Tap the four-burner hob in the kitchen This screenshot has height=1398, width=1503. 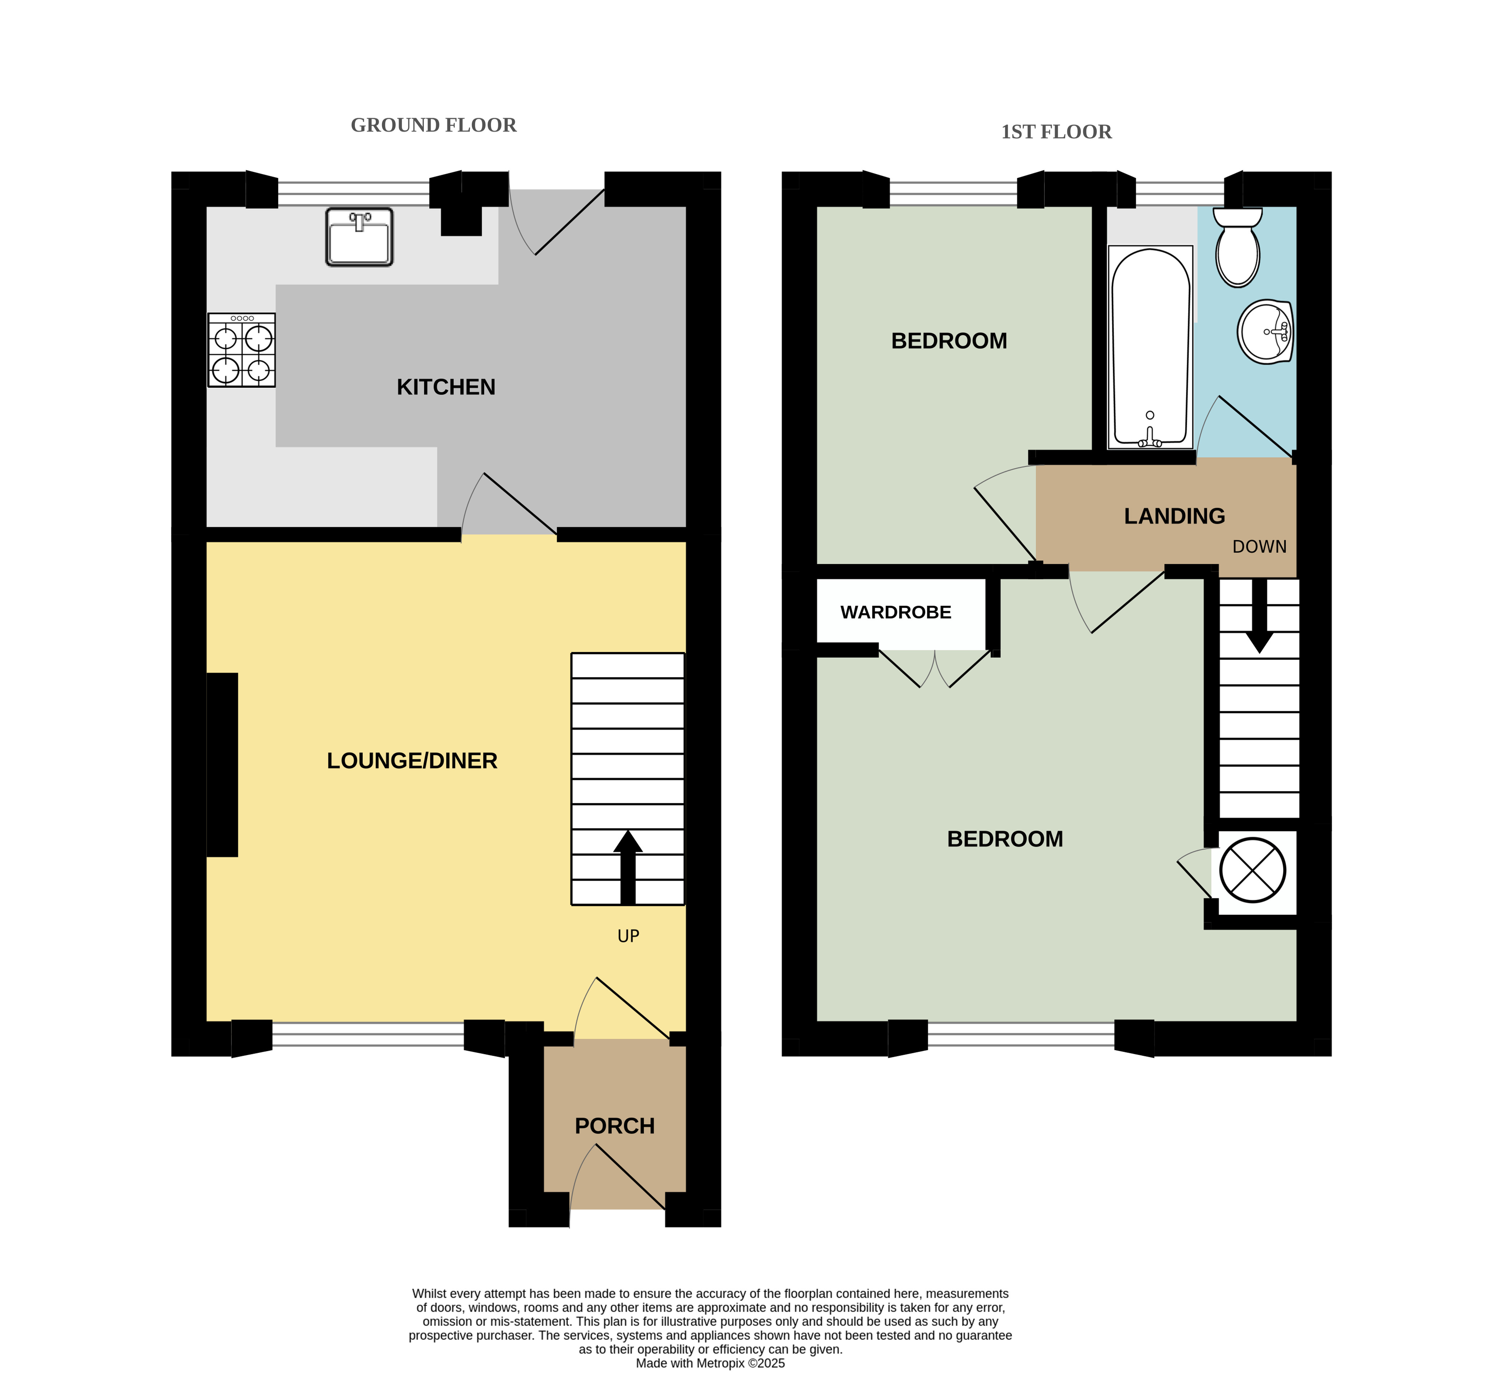[x=242, y=350]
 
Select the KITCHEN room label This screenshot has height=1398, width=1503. [x=446, y=387]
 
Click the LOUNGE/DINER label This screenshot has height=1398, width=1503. [x=412, y=761]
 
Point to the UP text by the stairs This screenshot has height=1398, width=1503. [x=628, y=936]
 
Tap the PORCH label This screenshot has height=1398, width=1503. [x=614, y=1126]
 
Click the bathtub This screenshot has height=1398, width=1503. [x=1150, y=347]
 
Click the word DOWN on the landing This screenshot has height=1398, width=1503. [x=1260, y=547]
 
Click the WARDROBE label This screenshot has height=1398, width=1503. [x=896, y=612]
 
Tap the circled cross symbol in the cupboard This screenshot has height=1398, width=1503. [x=1253, y=869]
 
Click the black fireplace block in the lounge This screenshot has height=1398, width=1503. [x=222, y=764]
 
